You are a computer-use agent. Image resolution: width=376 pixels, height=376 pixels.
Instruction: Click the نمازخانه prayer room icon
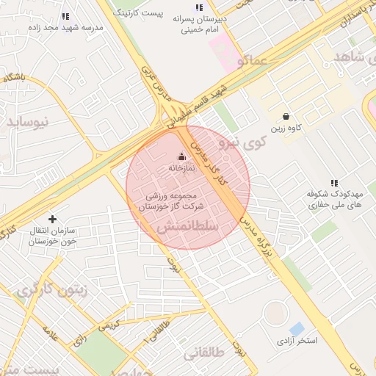point(182,156)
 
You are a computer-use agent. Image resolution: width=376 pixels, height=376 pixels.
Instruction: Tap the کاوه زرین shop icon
point(286,116)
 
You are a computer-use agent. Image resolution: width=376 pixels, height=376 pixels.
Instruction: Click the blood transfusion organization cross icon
point(52,218)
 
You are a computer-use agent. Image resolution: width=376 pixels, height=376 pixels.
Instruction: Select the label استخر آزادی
point(297,341)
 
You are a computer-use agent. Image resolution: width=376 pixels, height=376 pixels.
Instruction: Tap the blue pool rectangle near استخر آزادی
point(297,328)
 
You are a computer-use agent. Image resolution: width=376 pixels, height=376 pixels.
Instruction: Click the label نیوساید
point(31,121)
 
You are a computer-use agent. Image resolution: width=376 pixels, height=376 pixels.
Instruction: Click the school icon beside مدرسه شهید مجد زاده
point(65,16)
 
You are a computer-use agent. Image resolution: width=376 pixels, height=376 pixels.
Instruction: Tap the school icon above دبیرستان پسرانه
point(200,7)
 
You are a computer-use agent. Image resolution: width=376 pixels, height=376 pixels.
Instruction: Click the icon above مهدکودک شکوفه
point(334,183)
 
